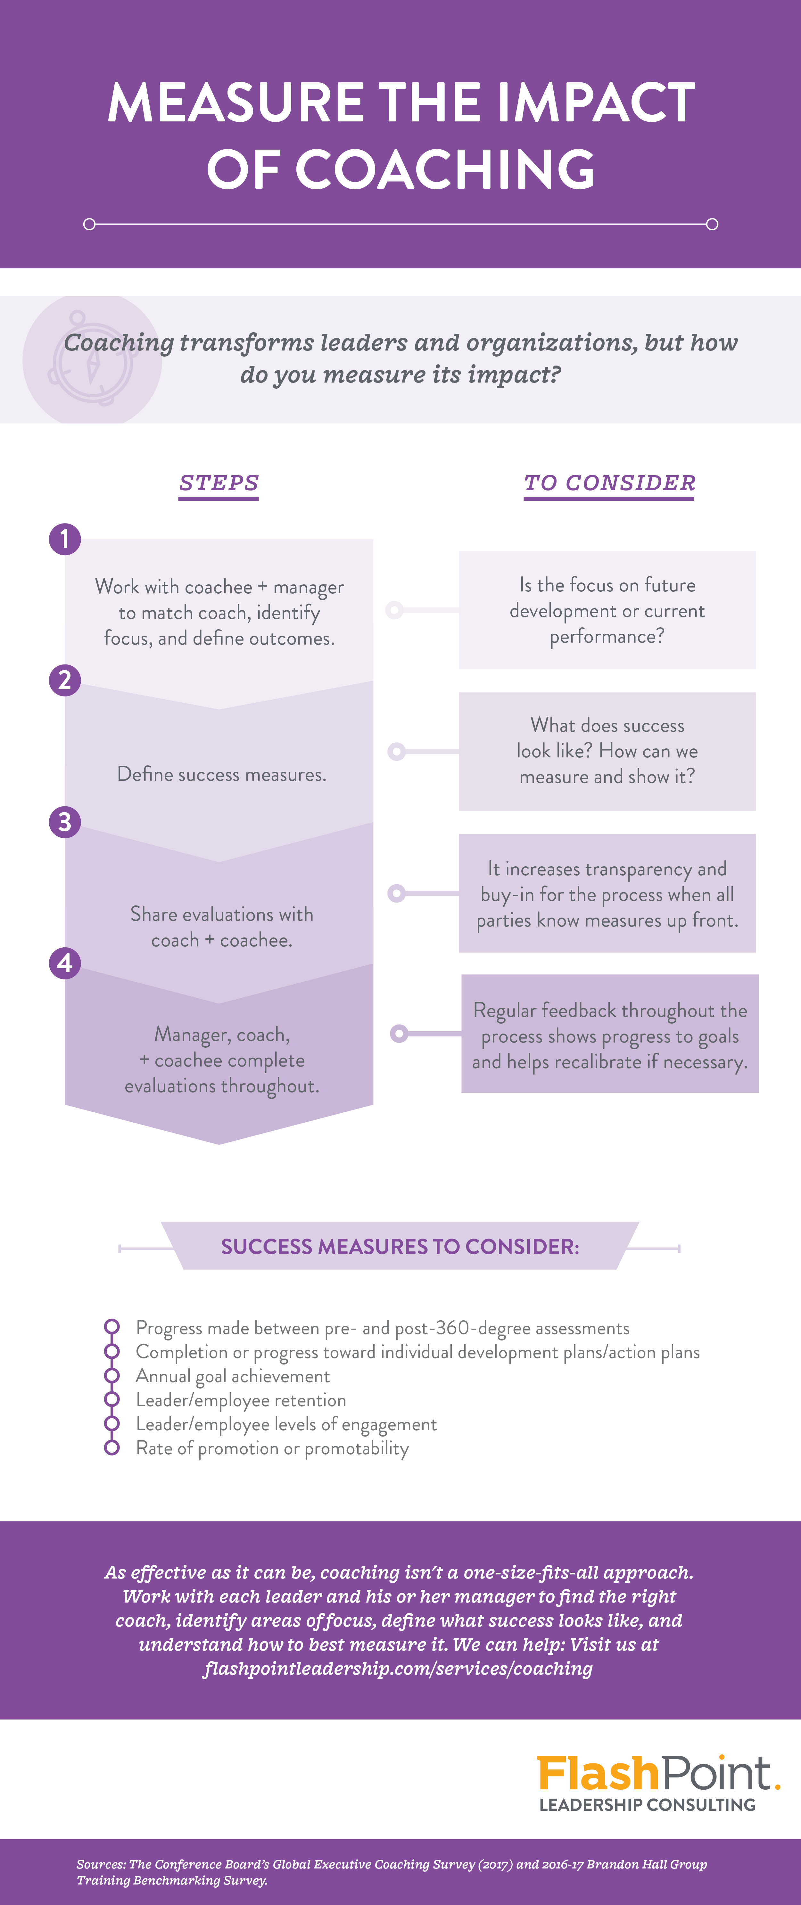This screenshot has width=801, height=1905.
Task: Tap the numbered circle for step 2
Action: coord(64,680)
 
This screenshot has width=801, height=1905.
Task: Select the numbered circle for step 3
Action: coord(64,821)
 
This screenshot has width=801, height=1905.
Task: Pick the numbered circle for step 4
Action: coord(64,963)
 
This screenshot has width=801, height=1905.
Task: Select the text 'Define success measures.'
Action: coord(221,774)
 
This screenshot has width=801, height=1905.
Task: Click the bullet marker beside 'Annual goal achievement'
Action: coord(112,1375)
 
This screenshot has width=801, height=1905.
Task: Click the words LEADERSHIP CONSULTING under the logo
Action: coord(647,1805)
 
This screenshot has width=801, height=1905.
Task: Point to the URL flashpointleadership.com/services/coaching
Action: coord(398,1668)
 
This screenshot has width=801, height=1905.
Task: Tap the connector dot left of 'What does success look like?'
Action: coord(396,751)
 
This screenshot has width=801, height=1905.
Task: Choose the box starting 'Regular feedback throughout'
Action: coord(609,1034)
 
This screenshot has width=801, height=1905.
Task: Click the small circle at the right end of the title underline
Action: coord(712,224)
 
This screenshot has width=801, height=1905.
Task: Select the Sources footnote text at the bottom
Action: coord(392,1872)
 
